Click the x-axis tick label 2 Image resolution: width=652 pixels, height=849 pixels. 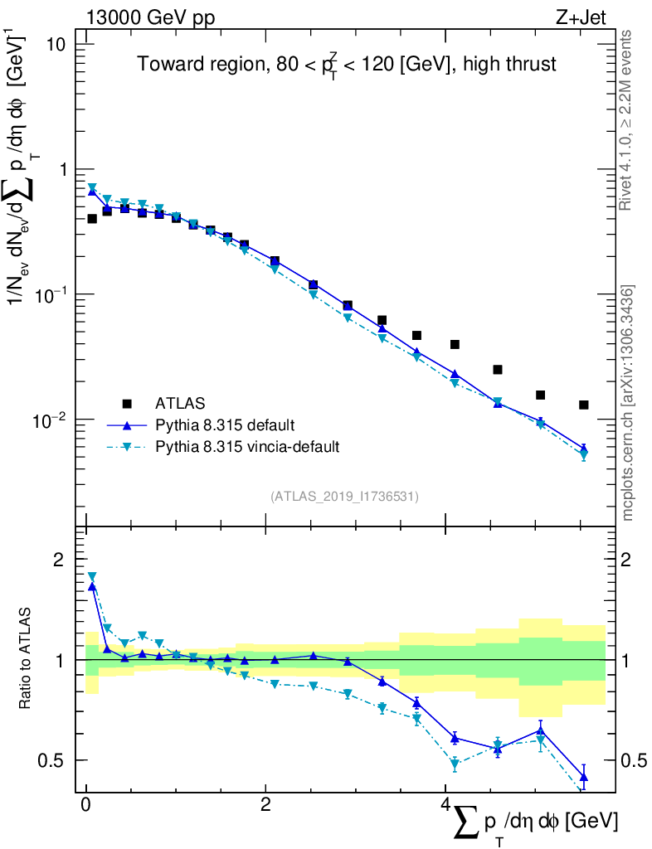tap(265, 805)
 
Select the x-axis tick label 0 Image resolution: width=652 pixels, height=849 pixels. tap(86, 805)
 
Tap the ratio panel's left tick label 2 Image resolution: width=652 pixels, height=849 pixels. tap(58, 560)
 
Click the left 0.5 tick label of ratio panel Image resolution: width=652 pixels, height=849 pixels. tap(51, 759)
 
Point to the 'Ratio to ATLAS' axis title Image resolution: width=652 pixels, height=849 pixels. tap(27, 660)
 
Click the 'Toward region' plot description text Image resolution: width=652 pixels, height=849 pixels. tap(347, 65)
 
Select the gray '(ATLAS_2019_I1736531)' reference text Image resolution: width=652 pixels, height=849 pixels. tap(344, 497)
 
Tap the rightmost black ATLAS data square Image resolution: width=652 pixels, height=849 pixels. tap(584, 405)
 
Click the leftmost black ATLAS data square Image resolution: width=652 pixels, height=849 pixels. tap(92, 219)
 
